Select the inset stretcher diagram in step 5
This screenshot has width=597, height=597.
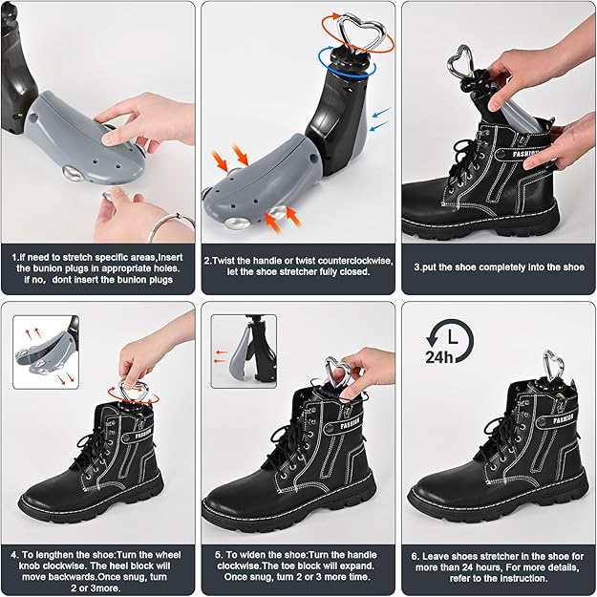point(244,351)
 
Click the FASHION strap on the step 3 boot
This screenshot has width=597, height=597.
point(528,151)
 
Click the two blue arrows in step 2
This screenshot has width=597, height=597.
point(380,119)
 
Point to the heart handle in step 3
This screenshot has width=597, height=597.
point(462,64)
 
